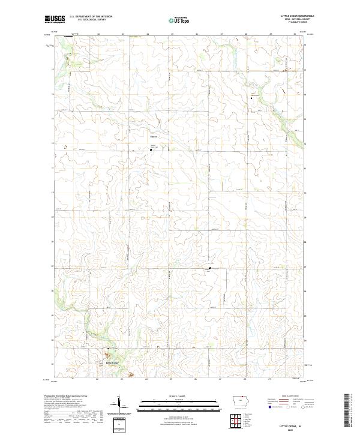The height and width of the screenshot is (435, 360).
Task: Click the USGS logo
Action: click(x=53, y=20)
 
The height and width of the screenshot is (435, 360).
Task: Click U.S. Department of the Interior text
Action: click(x=91, y=17)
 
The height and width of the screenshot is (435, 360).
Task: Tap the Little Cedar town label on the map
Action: click(x=105, y=363)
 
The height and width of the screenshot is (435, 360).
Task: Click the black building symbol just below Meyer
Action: click(x=151, y=142)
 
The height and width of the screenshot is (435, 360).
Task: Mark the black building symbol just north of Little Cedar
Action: click(x=108, y=349)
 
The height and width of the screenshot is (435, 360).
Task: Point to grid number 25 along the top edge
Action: click(x=172, y=34)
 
